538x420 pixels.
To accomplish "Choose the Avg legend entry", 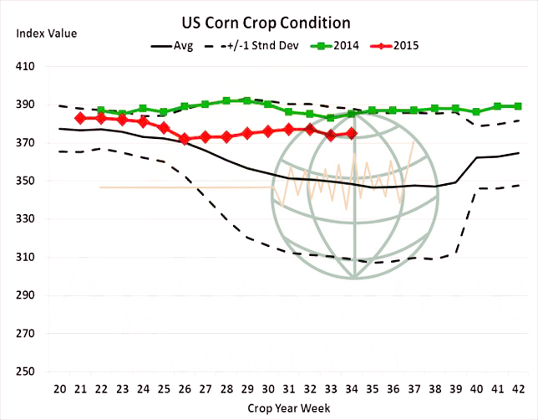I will point(172,46).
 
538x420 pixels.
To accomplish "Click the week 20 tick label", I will point(60,388).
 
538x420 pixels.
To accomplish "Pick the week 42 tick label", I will point(518,388).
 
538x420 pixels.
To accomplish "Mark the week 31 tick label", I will point(289,388).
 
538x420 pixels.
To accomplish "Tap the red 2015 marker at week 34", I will point(351,133).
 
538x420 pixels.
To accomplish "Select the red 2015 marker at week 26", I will point(185,139).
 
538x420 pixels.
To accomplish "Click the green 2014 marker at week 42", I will point(518,106).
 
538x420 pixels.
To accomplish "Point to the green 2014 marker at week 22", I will point(101,110).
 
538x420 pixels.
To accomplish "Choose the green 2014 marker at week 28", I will point(226,101).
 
